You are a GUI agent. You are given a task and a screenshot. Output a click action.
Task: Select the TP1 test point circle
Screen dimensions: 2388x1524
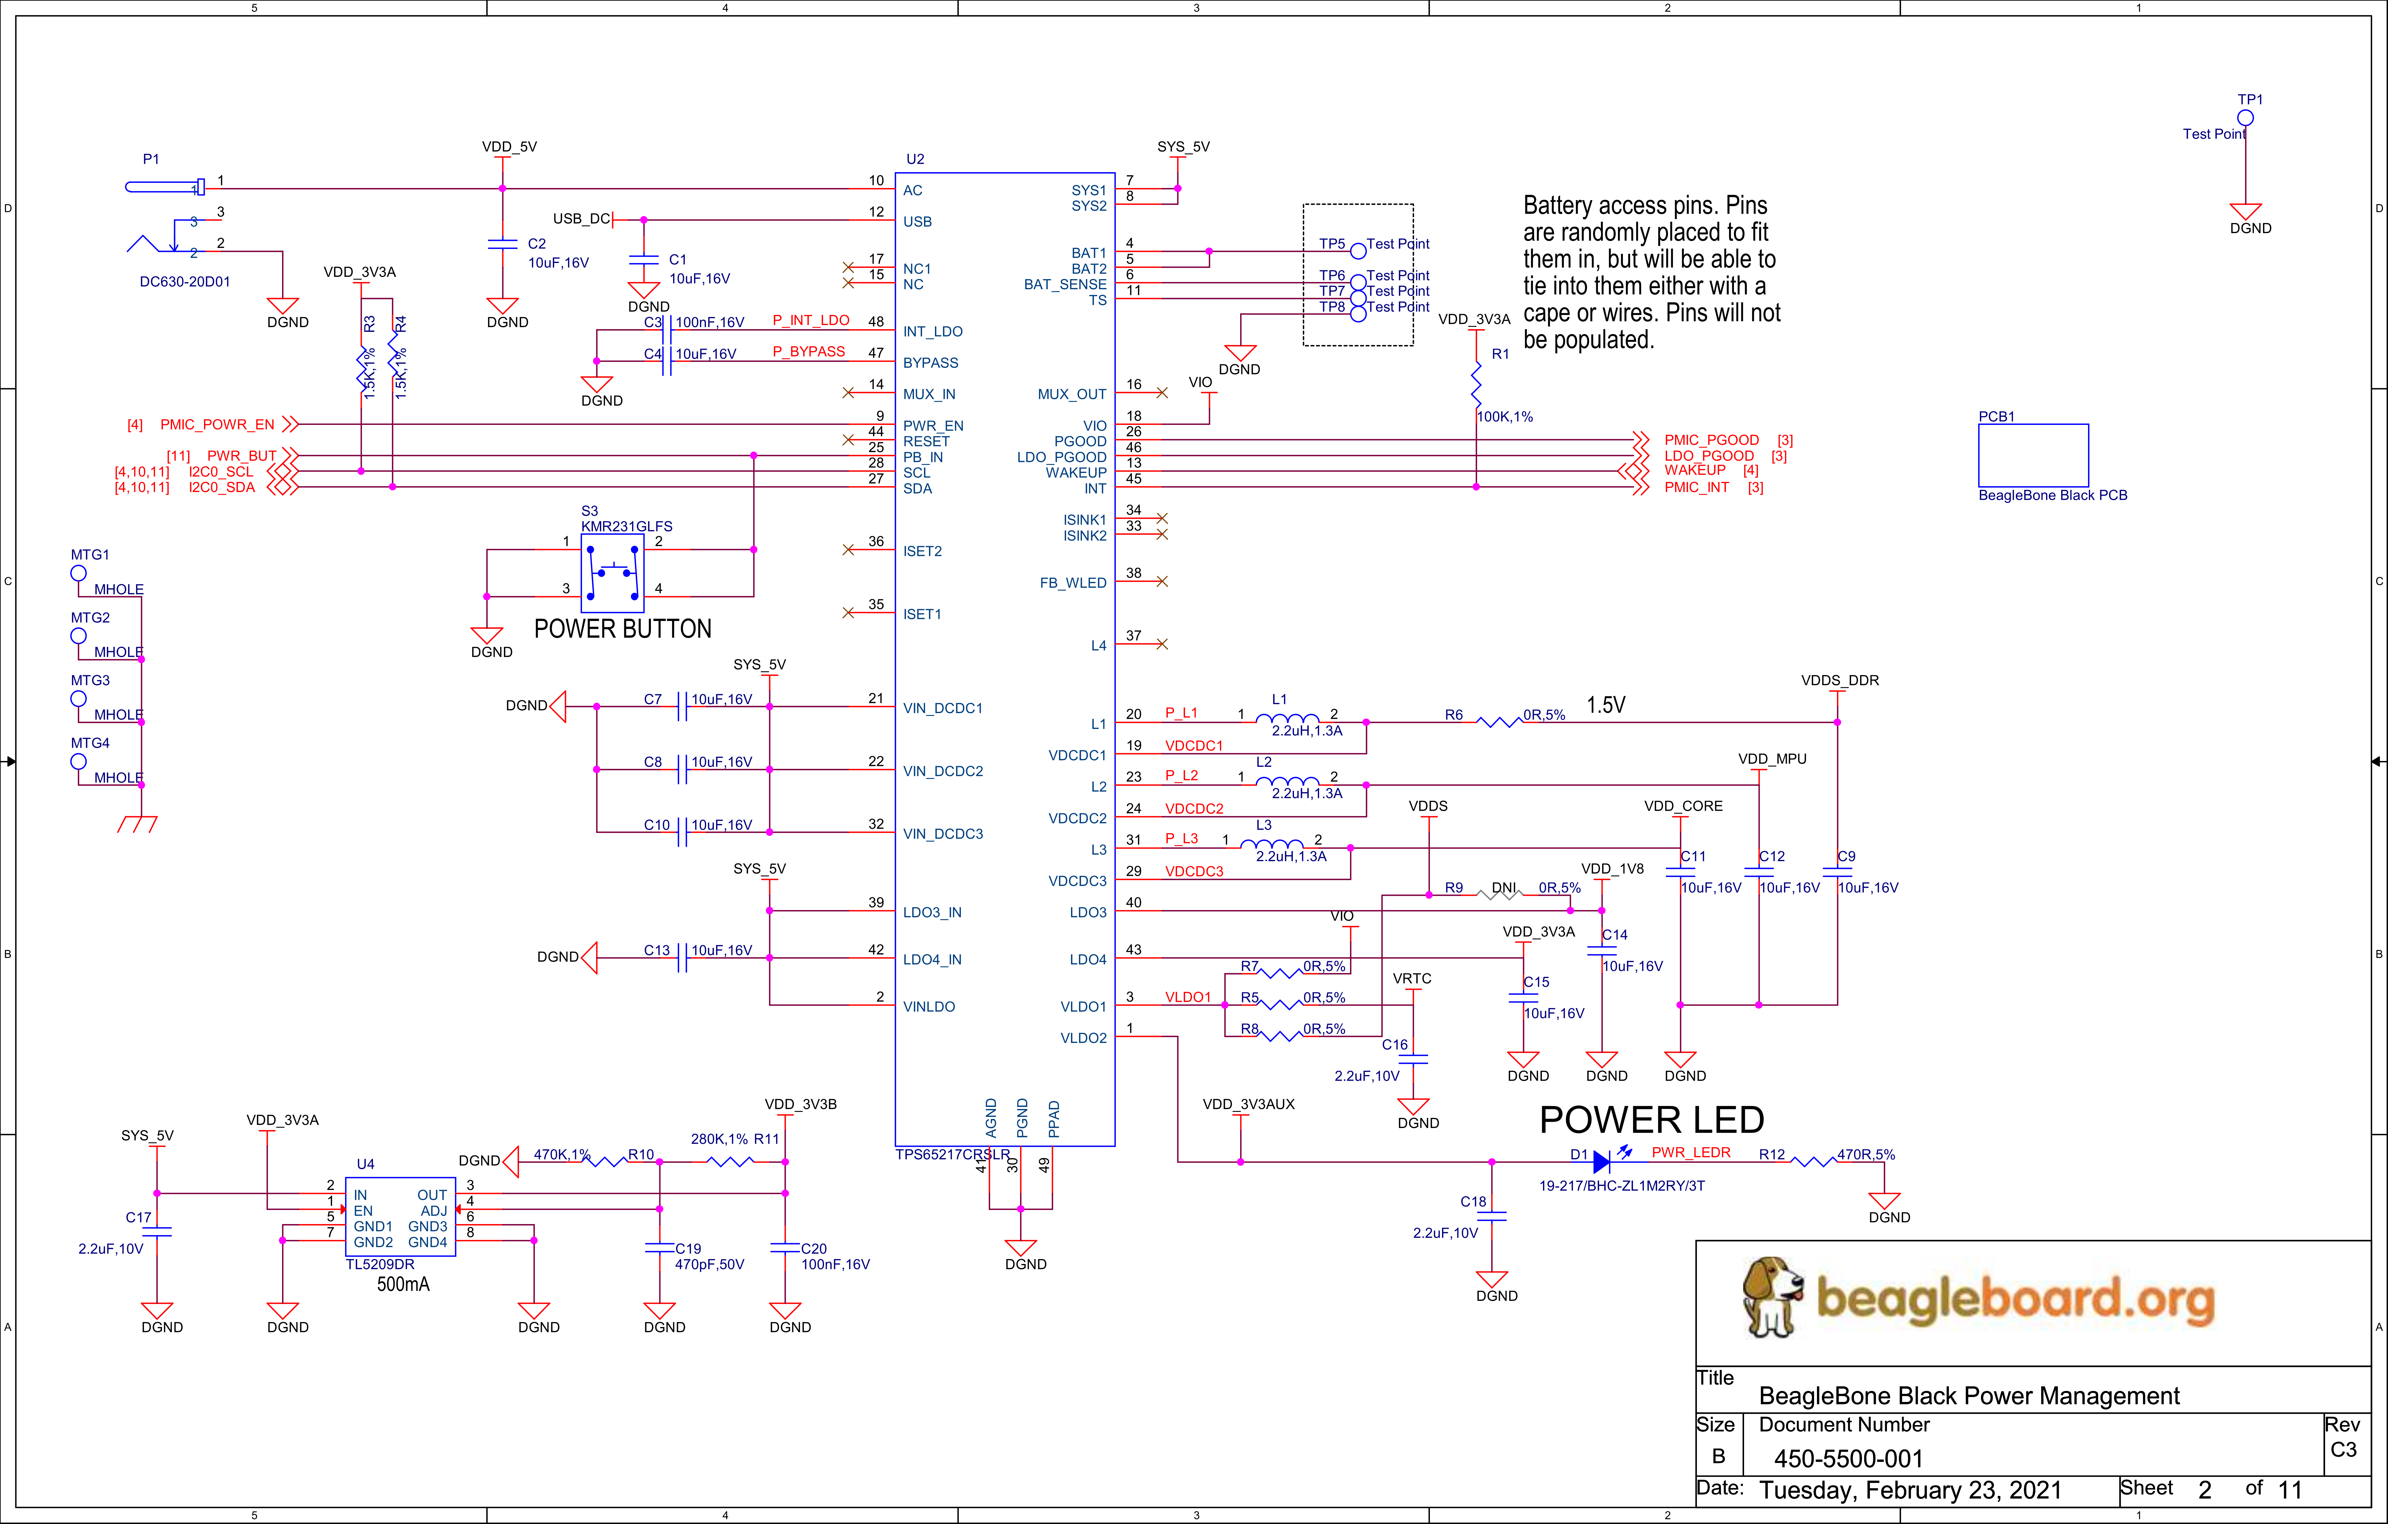pos(2245,118)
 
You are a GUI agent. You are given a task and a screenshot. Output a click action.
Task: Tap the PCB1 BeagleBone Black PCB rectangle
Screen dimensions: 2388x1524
pos(2033,455)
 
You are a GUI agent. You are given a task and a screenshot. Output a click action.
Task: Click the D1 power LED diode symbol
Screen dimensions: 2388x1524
pos(1601,1161)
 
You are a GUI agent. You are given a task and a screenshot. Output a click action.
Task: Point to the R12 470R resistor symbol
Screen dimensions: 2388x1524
pos(1814,1161)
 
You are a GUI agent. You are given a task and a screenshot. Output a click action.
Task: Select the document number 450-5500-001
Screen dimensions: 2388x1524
pos(1848,1459)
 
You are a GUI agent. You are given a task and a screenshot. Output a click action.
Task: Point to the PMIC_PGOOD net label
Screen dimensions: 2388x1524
pos(1712,439)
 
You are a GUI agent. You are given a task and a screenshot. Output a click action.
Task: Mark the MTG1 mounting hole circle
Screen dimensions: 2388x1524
pos(78,573)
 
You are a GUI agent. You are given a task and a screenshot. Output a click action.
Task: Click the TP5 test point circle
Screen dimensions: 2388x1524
pos(1358,251)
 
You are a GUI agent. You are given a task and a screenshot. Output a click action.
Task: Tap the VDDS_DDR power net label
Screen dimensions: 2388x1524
pos(1840,680)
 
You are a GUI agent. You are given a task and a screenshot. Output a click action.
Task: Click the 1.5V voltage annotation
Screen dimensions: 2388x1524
pos(1605,705)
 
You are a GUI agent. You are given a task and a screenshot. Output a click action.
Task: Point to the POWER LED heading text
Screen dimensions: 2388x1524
pos(1651,1119)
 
